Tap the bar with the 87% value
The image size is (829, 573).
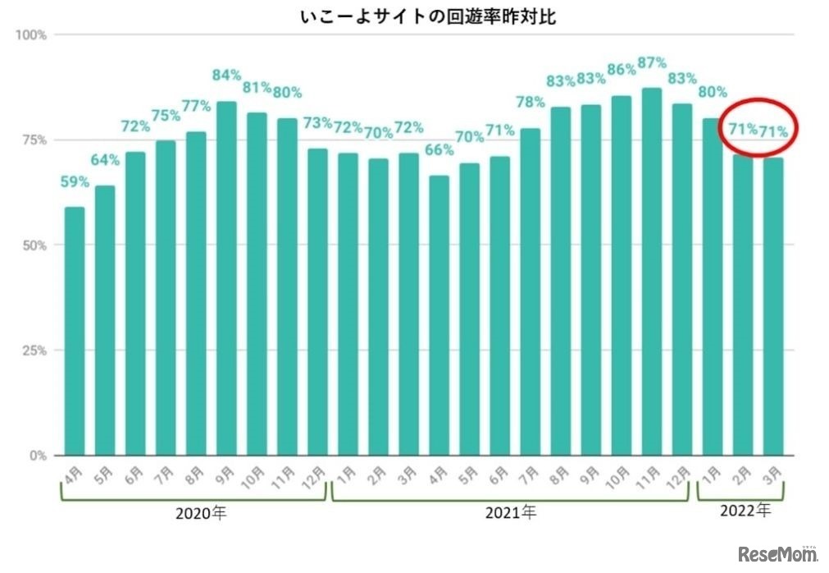(652, 271)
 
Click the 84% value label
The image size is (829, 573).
(226, 76)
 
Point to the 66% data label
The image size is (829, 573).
(440, 150)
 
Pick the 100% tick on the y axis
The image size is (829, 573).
(31, 35)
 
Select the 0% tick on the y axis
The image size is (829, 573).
(38, 456)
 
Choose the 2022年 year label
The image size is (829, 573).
(745, 511)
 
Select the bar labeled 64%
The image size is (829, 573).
(105, 320)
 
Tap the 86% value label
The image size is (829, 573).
(621, 70)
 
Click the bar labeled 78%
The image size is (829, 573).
(530, 291)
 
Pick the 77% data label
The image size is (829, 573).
(196, 106)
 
